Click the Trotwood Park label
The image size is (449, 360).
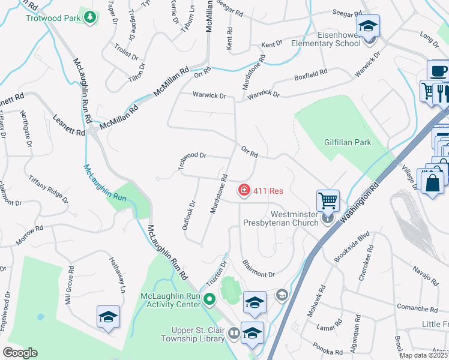[x=53, y=17]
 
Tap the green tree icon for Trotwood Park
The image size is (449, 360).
[x=90, y=17]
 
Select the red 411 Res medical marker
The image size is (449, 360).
[x=244, y=191]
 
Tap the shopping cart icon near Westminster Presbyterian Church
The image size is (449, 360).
[x=328, y=200]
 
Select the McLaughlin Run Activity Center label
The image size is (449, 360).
[x=170, y=300]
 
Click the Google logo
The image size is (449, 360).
[x=19, y=352]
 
